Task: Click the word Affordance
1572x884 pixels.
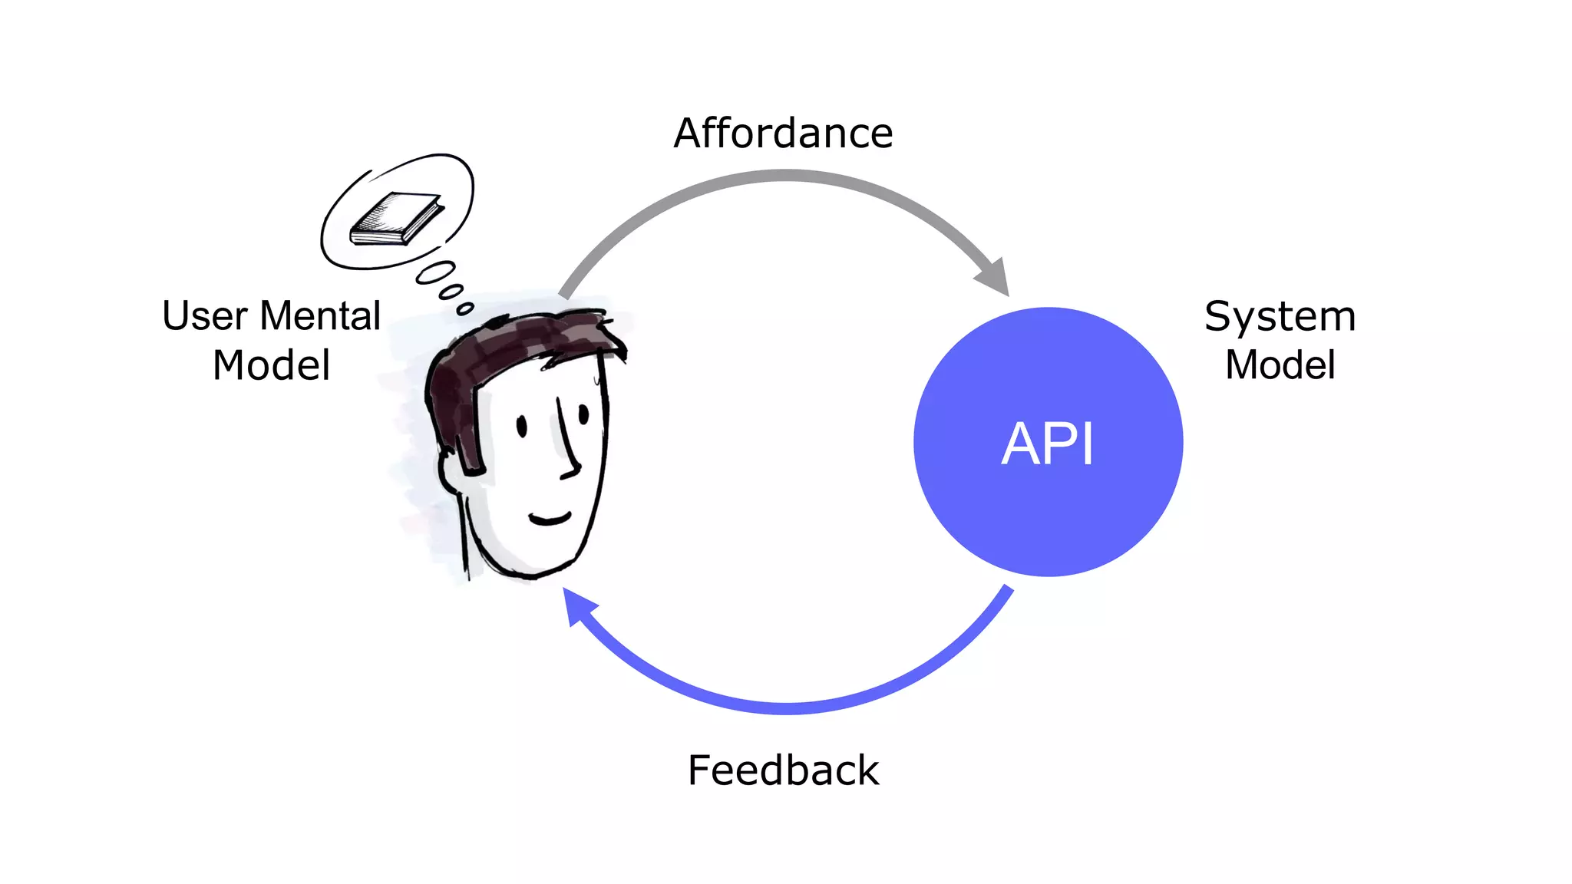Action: point(783,134)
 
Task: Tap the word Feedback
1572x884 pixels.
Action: point(783,770)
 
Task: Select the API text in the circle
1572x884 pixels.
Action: point(1048,444)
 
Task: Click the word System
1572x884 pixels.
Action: point(1280,316)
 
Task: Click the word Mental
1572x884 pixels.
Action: point(320,316)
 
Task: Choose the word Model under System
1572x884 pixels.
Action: point(1280,364)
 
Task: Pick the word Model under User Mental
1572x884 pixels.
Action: point(272,364)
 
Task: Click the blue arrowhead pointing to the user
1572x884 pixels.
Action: point(577,606)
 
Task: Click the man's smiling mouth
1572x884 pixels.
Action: point(550,519)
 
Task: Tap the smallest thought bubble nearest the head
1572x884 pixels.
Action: point(465,308)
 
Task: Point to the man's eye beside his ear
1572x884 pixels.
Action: point(522,426)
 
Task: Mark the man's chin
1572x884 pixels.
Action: point(530,568)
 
